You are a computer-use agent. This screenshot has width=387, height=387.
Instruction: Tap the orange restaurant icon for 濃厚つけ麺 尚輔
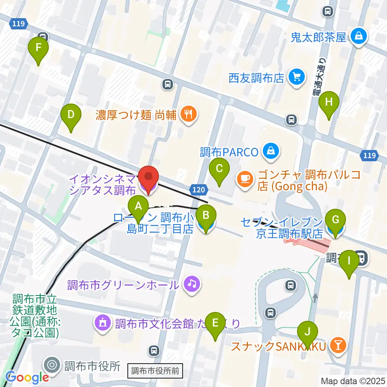coord(188,114)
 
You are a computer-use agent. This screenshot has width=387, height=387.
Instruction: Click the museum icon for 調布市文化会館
coord(103,322)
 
